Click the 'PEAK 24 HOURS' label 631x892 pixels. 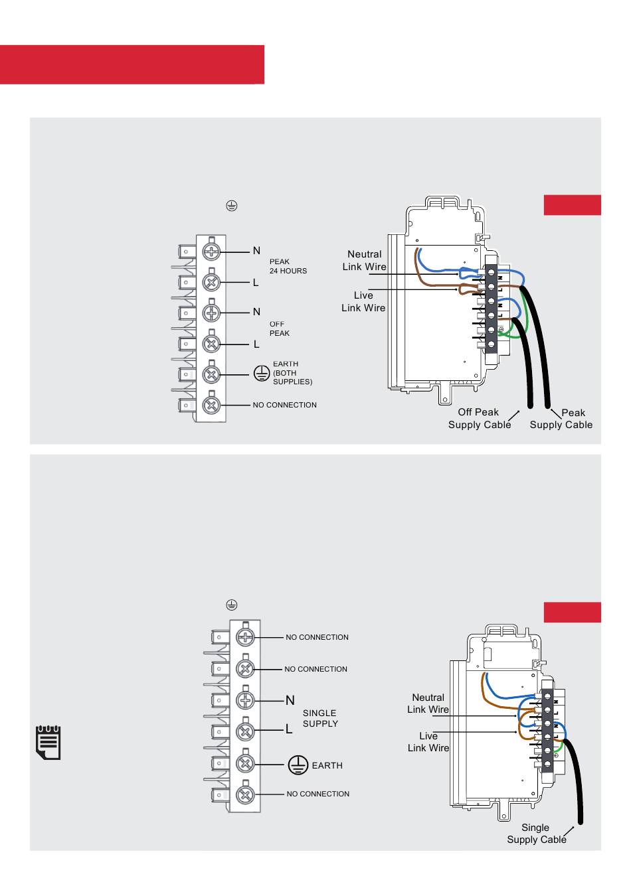(x=288, y=266)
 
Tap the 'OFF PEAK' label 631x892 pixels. (x=279, y=329)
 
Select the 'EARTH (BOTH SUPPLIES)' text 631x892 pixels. (x=292, y=373)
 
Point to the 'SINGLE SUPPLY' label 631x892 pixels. (x=320, y=718)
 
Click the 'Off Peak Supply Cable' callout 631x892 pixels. (x=479, y=418)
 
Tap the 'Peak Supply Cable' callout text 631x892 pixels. (x=561, y=419)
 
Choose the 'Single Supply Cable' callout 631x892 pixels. (x=536, y=834)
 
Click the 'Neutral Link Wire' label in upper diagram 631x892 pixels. (x=364, y=260)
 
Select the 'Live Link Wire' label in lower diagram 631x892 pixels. (x=428, y=741)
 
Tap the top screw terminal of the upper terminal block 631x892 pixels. (x=211, y=252)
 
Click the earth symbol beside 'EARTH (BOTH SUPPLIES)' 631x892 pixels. (x=262, y=373)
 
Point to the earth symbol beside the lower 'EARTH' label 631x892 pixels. (x=298, y=765)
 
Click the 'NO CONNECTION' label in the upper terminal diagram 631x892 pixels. (x=284, y=405)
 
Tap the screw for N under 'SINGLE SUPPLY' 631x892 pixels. (x=245, y=700)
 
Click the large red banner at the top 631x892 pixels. (x=132, y=64)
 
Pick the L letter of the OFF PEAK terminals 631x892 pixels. (x=256, y=344)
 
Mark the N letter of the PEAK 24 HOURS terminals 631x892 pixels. (x=256, y=251)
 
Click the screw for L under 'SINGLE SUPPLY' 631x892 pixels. (x=245, y=731)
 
